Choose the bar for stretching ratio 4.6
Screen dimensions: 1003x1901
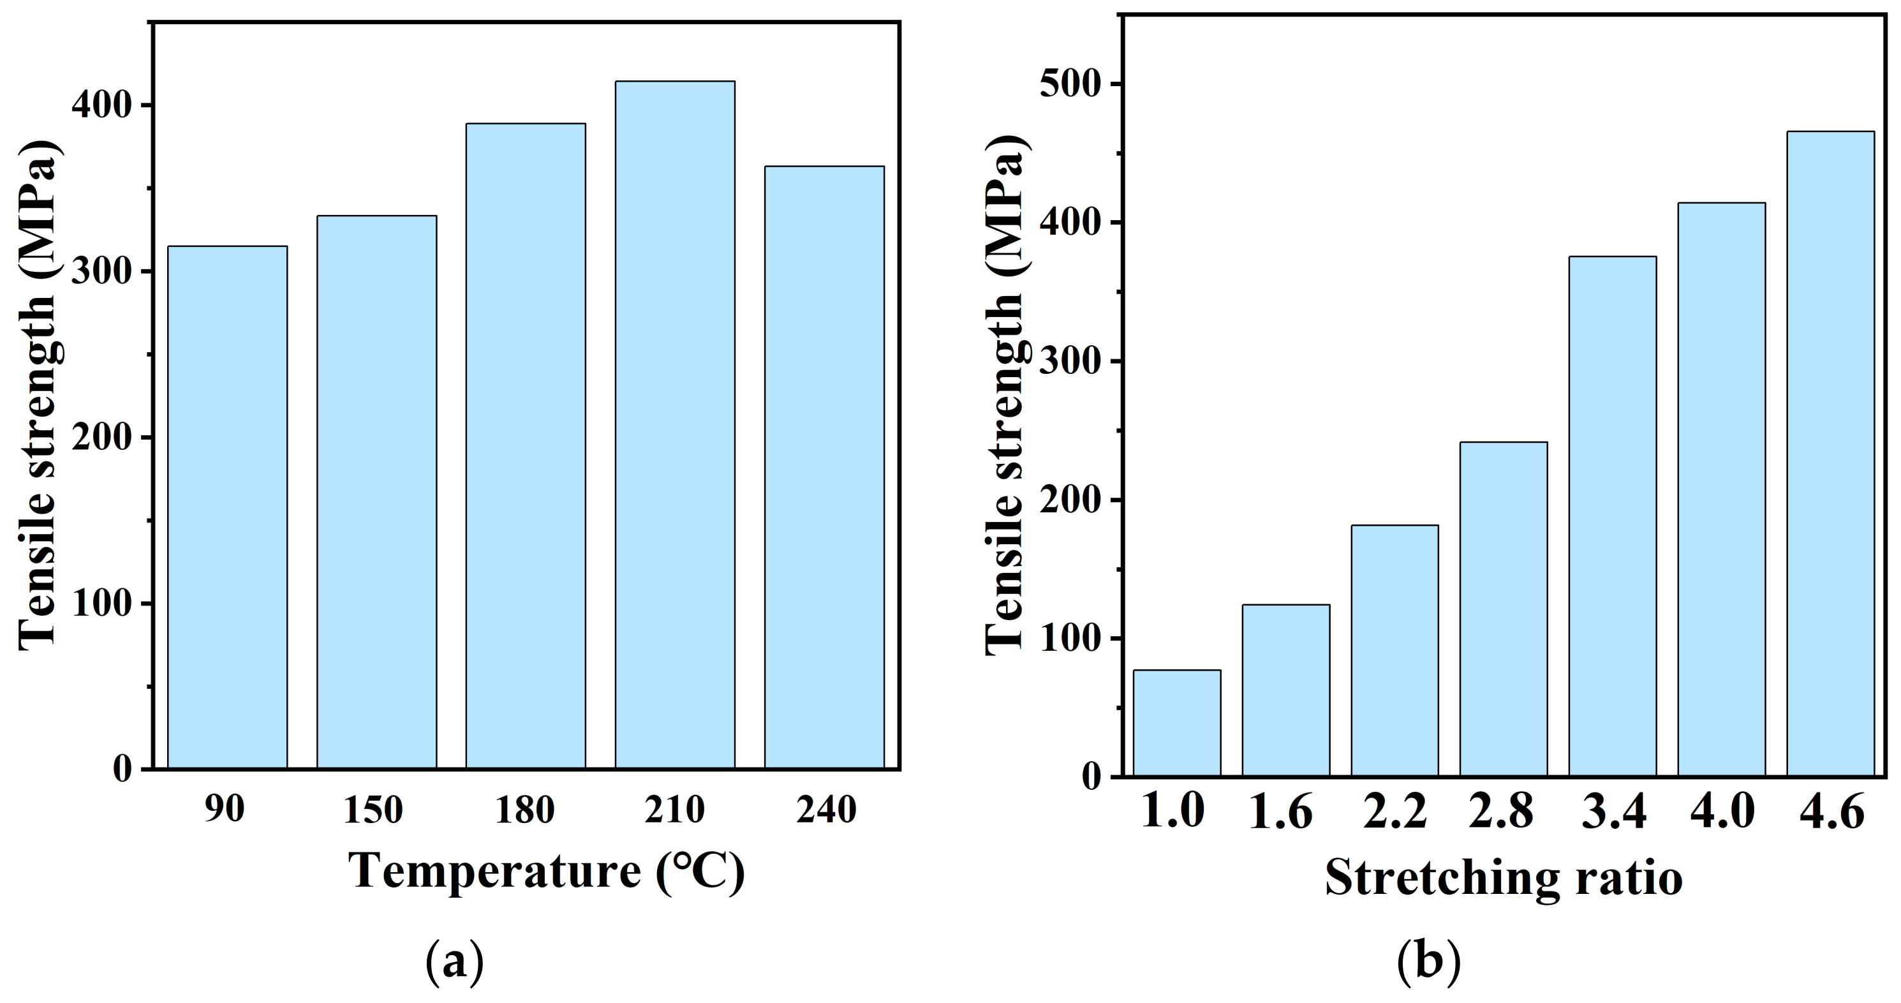(x=1830, y=453)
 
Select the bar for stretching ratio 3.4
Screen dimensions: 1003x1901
(x=1613, y=516)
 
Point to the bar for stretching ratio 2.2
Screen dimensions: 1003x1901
(x=1394, y=650)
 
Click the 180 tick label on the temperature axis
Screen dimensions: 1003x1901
(x=525, y=810)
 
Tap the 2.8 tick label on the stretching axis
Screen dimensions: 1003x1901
(x=1501, y=811)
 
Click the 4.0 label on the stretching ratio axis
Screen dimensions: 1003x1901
(x=1722, y=811)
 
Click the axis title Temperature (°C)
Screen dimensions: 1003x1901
(x=546, y=872)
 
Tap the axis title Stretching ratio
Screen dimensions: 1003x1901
(x=1503, y=877)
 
